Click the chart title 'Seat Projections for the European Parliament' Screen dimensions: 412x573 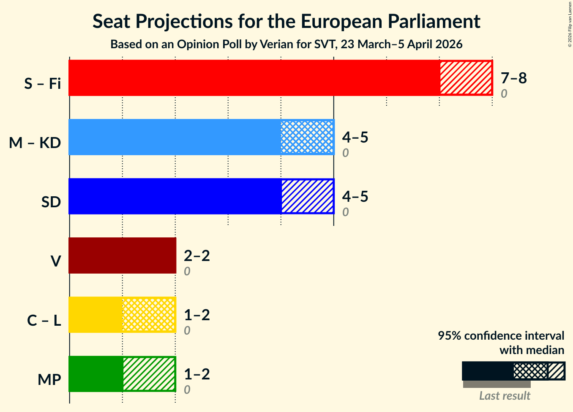tap(286, 21)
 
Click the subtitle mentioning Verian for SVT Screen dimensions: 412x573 tap(286, 44)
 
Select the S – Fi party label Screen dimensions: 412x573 tap(42, 84)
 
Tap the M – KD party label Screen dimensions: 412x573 tap(35, 143)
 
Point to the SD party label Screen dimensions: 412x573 tap(51, 202)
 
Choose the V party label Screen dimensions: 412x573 tap(55, 261)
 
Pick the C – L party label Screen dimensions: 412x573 tap(44, 321)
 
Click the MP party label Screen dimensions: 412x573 tap(49, 380)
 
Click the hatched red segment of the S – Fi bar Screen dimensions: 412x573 tap(466, 78)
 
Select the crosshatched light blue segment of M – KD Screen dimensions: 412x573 tap(307, 137)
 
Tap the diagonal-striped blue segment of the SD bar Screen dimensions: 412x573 tap(307, 196)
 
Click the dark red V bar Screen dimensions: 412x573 tap(122, 255)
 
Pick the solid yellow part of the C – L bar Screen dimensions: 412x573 tap(95, 315)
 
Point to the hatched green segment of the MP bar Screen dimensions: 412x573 tap(149, 374)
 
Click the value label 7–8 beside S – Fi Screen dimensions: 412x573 tap(513, 78)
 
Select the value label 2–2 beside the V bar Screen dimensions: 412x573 tap(196, 255)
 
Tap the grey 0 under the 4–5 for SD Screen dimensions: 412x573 tap(345, 212)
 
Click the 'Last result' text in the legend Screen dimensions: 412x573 tap(505, 396)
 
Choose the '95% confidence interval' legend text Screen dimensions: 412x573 tap(501, 336)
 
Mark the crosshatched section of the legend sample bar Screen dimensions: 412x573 tap(530, 371)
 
